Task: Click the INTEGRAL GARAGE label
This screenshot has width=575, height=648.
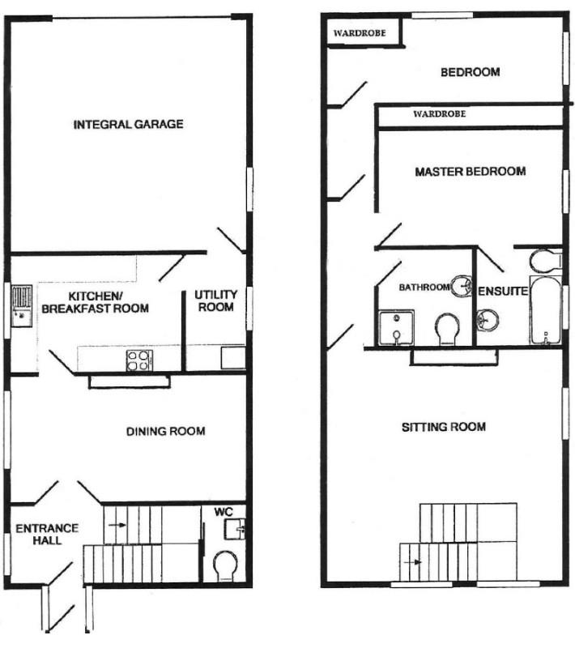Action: pyautogui.click(x=128, y=125)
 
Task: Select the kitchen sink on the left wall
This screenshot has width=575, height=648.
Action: pyautogui.click(x=21, y=305)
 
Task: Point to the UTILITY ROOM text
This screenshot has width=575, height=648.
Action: pyautogui.click(x=215, y=301)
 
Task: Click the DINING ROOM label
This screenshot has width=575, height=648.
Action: pyautogui.click(x=165, y=431)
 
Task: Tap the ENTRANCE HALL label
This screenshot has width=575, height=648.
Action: pyautogui.click(x=47, y=535)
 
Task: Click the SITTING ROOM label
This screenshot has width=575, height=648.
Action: pyautogui.click(x=444, y=427)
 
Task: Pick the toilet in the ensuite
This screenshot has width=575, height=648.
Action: pyautogui.click(x=543, y=260)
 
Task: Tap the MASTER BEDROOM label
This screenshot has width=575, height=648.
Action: pyautogui.click(x=470, y=172)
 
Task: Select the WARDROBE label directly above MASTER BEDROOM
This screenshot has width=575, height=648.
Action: pyautogui.click(x=439, y=115)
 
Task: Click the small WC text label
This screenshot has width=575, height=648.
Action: pyautogui.click(x=224, y=513)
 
